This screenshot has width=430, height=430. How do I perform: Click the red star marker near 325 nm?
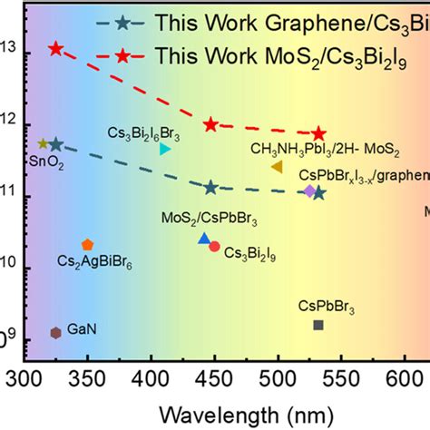point(56,49)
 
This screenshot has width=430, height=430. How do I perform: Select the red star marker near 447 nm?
point(210,124)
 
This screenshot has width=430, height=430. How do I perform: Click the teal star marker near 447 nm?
point(210,187)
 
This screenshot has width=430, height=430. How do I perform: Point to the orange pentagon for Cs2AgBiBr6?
point(87,244)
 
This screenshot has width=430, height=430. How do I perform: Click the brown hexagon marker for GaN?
point(55,332)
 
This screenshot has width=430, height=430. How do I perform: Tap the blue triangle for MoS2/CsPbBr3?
point(204,239)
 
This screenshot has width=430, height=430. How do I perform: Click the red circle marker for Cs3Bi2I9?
point(214,246)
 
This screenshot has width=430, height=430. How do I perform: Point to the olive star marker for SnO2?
point(43,143)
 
